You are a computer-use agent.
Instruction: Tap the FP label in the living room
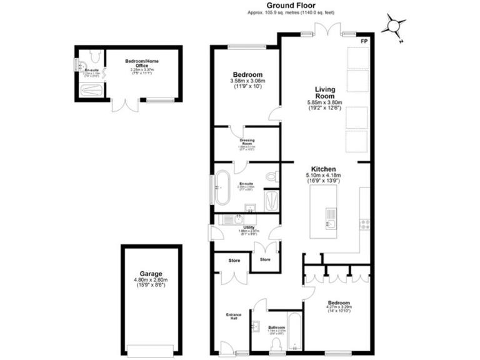(364, 41)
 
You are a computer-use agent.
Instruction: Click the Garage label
(151, 274)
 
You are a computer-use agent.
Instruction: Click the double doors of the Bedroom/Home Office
(123, 105)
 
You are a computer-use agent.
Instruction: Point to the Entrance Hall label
(233, 316)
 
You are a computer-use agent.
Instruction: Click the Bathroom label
(276, 327)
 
